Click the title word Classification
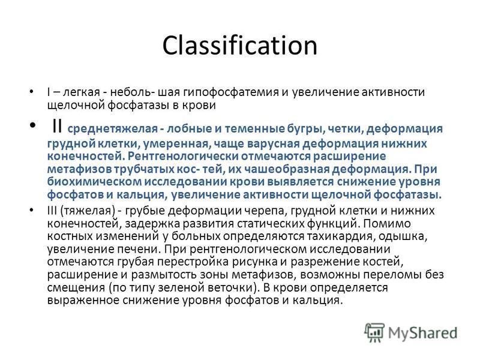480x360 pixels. coord(239,46)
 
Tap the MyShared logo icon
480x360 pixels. coord(374,332)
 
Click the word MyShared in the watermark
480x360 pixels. coord(423,333)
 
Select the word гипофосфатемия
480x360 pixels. coord(231,92)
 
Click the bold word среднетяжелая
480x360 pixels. coord(112,128)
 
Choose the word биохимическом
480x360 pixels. coord(94,182)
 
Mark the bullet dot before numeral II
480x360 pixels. coord(32,125)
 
